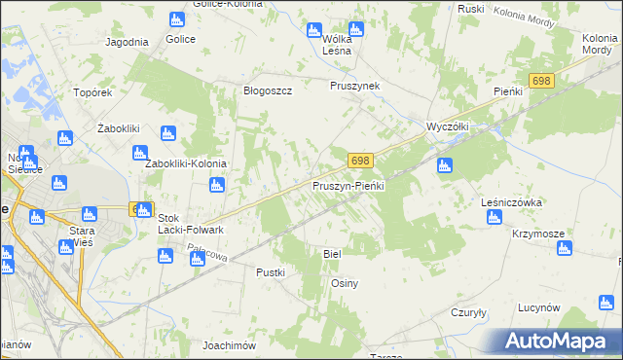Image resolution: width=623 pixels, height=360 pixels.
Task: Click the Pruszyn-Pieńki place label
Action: click(x=349, y=185)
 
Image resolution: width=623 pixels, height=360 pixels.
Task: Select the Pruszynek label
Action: click(x=354, y=86)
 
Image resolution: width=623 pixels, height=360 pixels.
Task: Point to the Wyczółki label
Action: click(x=449, y=126)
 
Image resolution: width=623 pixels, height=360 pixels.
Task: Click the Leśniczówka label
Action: click(x=511, y=202)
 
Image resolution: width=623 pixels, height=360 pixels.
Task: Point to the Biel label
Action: click(x=332, y=253)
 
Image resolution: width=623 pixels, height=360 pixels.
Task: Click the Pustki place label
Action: click(x=270, y=272)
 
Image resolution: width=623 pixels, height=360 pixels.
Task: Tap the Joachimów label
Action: click(x=229, y=345)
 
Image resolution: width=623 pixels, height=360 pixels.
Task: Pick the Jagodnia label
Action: click(x=127, y=42)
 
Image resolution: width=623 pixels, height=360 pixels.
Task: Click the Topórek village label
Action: click(x=94, y=92)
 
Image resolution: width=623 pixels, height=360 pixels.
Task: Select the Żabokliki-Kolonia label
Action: click(x=186, y=163)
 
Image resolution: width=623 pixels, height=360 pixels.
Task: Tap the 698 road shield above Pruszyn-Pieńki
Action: click(x=360, y=160)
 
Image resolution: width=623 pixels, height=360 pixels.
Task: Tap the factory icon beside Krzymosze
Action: click(x=564, y=249)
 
